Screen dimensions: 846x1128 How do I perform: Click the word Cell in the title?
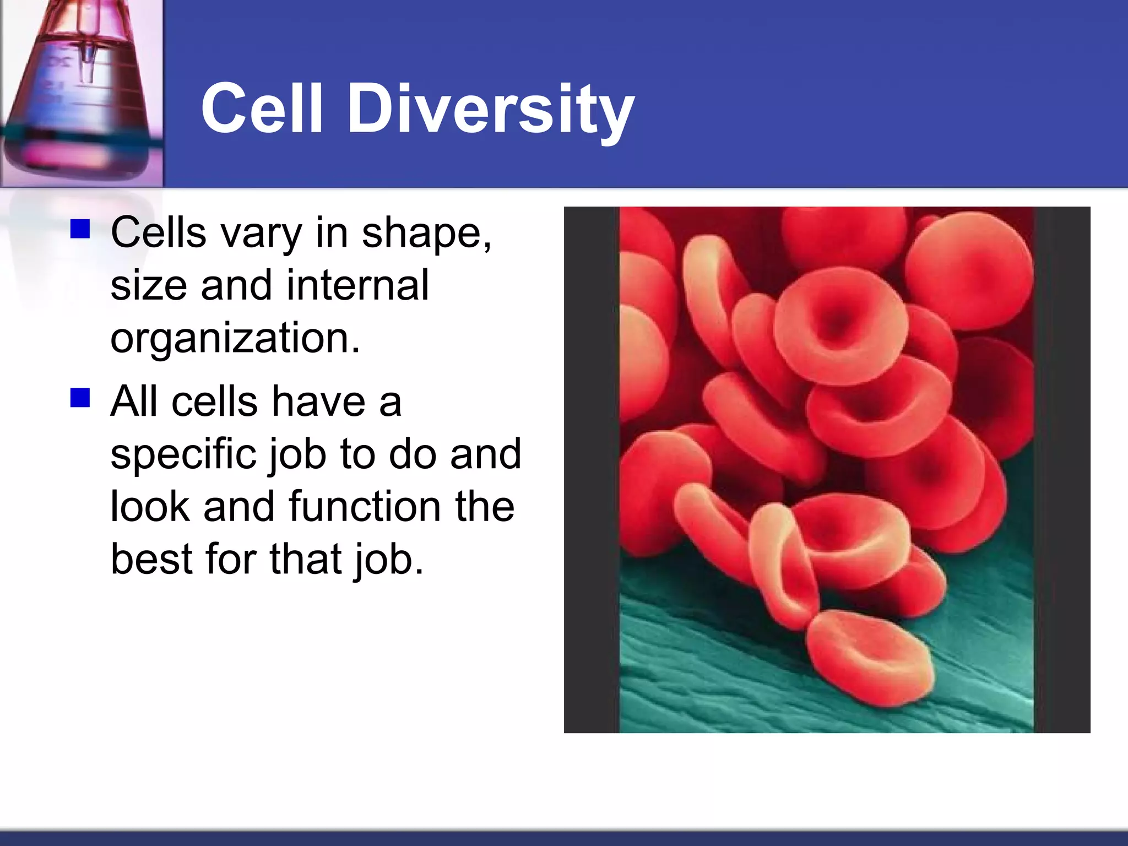tap(261, 109)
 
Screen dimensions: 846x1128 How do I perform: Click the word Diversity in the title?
tap(490, 109)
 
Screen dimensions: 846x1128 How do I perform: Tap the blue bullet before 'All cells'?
tap(80, 397)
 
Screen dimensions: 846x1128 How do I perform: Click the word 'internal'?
tap(357, 286)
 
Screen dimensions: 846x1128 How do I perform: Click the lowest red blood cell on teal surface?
tap(871, 658)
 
